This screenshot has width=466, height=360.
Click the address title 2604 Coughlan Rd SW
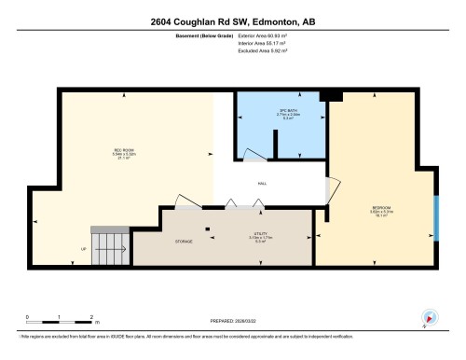click(232, 21)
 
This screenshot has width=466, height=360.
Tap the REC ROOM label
click(125, 152)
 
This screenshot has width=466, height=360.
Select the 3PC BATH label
click(273, 114)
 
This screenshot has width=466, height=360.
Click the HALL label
click(263, 183)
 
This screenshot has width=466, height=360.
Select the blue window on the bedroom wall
click(435, 217)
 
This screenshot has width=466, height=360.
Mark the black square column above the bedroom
click(324, 96)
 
